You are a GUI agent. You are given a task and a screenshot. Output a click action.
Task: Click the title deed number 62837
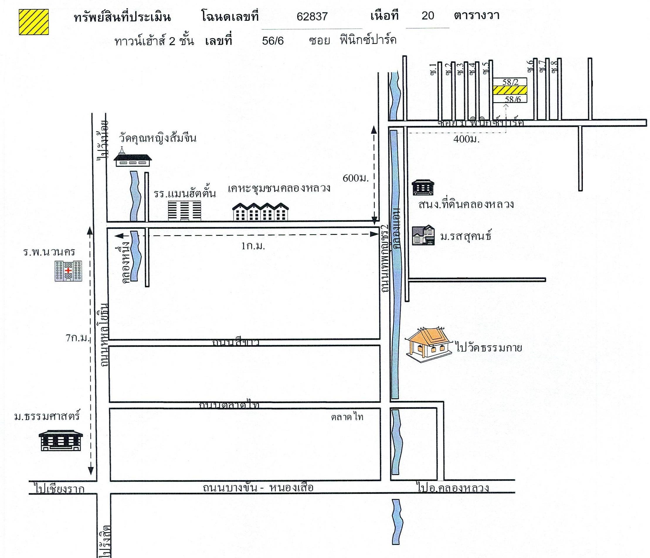[312, 17]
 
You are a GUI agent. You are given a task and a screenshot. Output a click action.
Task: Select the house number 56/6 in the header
[273, 41]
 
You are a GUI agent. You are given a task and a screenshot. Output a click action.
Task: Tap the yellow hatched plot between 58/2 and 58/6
[510, 90]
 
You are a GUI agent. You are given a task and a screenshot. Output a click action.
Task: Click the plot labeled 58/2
[510, 82]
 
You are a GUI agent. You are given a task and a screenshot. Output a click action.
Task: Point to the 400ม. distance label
[466, 139]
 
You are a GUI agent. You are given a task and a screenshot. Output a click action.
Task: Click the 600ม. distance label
[355, 178]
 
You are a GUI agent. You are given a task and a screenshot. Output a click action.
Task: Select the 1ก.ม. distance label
[253, 246]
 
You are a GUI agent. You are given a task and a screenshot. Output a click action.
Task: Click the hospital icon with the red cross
[68, 271]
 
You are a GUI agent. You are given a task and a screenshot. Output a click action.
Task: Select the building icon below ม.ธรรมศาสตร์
[61, 441]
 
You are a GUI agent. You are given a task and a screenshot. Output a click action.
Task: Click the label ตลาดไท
[347, 417]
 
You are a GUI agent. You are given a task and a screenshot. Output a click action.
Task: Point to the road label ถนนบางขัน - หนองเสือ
[258, 488]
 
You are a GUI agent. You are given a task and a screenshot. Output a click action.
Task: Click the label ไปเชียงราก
[60, 489]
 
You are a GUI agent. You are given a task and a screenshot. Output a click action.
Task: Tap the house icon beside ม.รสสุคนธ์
[423, 235]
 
